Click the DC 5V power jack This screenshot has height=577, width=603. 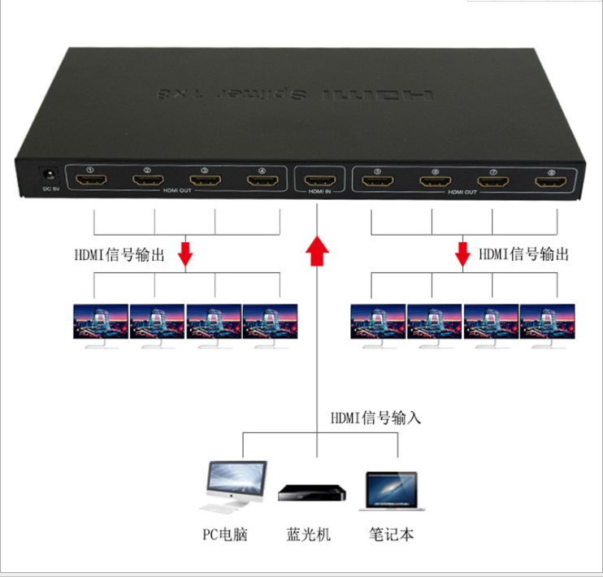(46, 176)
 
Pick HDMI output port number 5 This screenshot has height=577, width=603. (377, 180)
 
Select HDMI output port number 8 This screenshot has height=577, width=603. (552, 180)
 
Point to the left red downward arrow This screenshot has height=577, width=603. (186, 254)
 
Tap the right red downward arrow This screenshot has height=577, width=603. (463, 254)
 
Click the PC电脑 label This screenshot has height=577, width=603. (224, 535)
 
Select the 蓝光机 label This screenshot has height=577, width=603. (309, 535)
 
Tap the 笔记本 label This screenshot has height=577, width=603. (392, 535)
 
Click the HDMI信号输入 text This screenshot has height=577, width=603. (376, 419)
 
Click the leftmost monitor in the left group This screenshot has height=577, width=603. (101, 323)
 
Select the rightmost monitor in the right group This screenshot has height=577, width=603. (548, 323)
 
